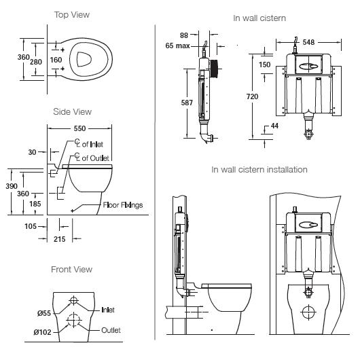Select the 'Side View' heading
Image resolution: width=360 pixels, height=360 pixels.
[x=72, y=111]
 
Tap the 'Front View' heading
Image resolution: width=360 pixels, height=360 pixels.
[x=71, y=270]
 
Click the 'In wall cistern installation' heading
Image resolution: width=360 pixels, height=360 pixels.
[x=259, y=169]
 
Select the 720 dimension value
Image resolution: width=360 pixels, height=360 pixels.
[x=252, y=97]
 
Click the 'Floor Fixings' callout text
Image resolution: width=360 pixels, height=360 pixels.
[x=122, y=204]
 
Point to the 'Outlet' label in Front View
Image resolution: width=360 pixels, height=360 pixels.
[x=110, y=330]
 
